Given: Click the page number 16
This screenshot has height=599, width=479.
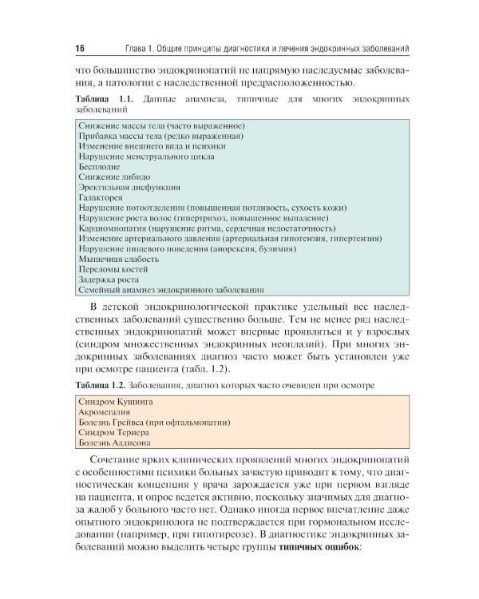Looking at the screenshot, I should click(x=81, y=48).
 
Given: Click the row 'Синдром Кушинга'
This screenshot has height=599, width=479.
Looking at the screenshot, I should click(x=117, y=400).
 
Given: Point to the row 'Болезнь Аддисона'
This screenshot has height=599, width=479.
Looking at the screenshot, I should click(x=116, y=442).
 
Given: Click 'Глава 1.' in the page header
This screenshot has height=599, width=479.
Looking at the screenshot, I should click(x=131, y=48).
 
